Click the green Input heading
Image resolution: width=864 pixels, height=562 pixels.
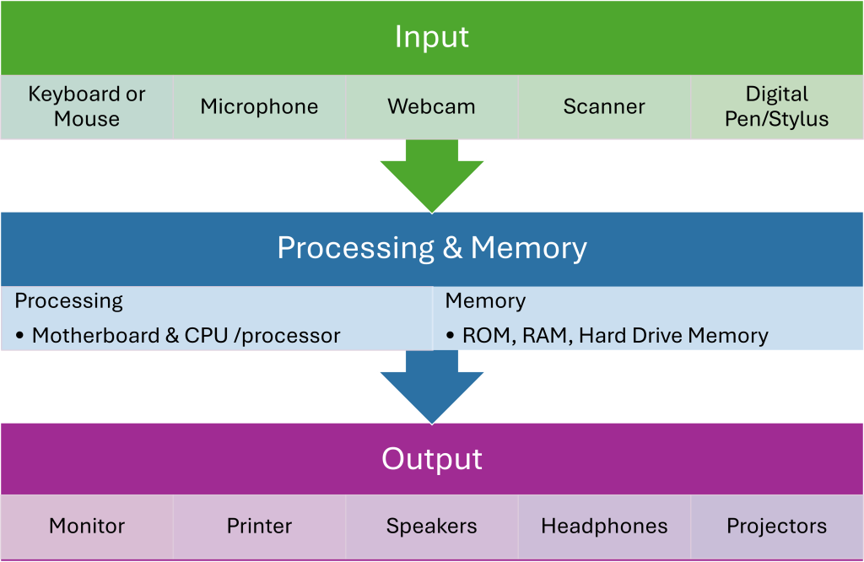(431, 37)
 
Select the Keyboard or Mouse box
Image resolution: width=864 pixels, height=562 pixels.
(87, 107)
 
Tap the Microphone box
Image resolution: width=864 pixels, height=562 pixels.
(259, 107)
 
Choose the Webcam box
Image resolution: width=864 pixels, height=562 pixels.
(431, 107)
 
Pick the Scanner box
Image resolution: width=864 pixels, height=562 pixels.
(604, 107)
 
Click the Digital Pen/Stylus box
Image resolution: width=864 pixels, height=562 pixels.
(776, 107)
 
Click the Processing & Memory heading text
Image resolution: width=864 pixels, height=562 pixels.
(431, 248)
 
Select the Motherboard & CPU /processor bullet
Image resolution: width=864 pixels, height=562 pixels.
(186, 336)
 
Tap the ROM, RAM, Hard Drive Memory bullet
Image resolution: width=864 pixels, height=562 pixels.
(615, 336)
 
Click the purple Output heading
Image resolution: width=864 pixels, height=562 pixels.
(431, 459)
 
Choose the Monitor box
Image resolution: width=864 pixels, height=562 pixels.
(87, 527)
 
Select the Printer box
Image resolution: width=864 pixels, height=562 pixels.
(259, 527)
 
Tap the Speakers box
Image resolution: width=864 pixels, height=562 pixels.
(431, 527)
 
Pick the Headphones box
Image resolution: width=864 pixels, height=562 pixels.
(604, 527)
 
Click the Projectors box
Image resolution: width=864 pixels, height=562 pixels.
(776, 527)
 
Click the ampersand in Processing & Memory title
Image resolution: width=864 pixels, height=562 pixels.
(452, 249)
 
